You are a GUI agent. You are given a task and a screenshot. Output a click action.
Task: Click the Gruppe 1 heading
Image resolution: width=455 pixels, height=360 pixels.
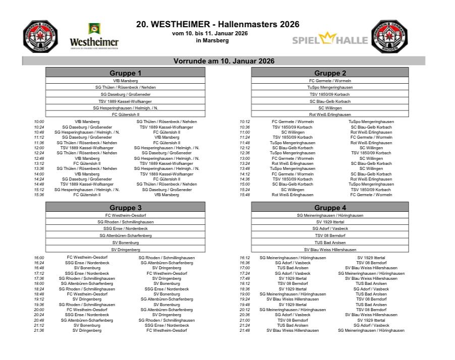(x=125, y=73)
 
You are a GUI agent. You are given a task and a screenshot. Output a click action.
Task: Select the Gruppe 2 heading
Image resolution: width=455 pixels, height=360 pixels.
(x=330, y=73)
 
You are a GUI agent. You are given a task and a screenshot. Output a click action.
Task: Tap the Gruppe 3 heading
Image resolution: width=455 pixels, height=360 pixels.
(x=125, y=207)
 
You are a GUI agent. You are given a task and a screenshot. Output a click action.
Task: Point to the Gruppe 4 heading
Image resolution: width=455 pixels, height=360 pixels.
(x=330, y=207)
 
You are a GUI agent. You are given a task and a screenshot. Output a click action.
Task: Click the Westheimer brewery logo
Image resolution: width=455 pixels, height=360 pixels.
(x=94, y=36)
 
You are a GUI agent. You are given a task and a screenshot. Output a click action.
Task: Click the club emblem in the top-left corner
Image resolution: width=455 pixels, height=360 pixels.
(x=40, y=36)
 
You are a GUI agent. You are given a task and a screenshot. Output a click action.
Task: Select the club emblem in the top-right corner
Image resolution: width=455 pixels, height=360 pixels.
(x=391, y=36)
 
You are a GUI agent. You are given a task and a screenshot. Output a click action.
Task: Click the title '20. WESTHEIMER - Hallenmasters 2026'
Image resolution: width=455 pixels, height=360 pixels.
(x=217, y=24)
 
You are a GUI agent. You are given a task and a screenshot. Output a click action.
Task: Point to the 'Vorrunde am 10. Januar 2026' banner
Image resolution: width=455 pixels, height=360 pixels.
(x=223, y=61)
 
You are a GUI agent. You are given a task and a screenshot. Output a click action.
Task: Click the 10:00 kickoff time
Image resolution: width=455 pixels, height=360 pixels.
(x=39, y=122)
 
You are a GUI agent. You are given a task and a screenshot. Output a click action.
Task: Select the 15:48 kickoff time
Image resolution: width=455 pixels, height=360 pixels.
(x=245, y=195)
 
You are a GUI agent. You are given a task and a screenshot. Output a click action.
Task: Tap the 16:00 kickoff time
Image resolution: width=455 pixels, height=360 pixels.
(x=39, y=258)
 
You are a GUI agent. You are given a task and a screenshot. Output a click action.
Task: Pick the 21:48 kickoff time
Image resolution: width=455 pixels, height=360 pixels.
(x=245, y=331)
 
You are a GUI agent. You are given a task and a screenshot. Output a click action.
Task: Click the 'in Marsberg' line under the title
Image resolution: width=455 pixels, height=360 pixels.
(x=216, y=40)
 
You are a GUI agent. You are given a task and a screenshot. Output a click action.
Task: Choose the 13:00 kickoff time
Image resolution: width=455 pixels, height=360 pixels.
(x=245, y=158)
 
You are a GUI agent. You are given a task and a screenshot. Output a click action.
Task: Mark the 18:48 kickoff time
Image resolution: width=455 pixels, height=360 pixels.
(x=39, y=294)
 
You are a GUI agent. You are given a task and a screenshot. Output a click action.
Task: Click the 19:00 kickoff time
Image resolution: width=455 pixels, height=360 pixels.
(x=245, y=294)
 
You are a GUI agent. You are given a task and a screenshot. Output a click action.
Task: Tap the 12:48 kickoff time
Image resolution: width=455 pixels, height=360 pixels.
(x=39, y=158)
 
